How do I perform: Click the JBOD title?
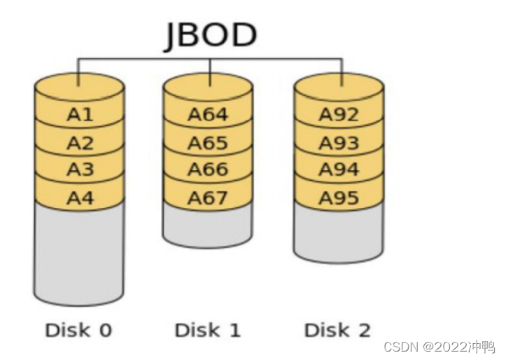click(x=210, y=35)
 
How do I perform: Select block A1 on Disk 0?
click(x=79, y=115)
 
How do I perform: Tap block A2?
click(x=79, y=143)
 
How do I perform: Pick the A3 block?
click(x=79, y=169)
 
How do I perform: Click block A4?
click(x=79, y=198)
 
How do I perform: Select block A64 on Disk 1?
click(x=208, y=115)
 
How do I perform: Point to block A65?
click(x=208, y=143)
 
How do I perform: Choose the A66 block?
click(x=208, y=169)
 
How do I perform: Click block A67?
click(x=208, y=198)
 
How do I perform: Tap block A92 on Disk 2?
click(x=339, y=115)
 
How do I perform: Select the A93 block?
click(x=339, y=143)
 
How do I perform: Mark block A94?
click(x=339, y=169)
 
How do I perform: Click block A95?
click(x=339, y=198)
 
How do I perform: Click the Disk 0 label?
click(x=78, y=330)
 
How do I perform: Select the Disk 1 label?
click(x=207, y=330)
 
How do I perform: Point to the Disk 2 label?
click(x=337, y=330)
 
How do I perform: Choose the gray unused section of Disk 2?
click(x=339, y=235)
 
